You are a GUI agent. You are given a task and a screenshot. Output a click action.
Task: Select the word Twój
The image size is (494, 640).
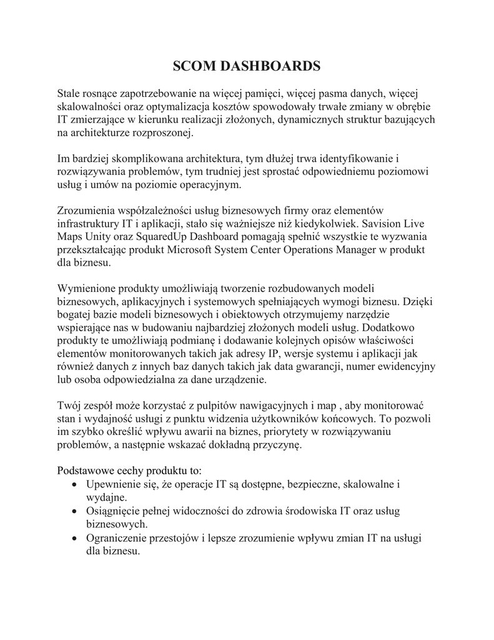pyautogui.click(x=69, y=406)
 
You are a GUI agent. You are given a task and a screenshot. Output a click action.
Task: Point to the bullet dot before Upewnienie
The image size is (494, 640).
pyautogui.click(x=75, y=485)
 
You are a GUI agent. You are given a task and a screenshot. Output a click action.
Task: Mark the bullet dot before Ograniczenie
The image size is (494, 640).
pyautogui.click(x=75, y=537)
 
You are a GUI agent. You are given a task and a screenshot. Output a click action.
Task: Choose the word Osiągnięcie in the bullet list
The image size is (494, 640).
pyautogui.click(x=114, y=511)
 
